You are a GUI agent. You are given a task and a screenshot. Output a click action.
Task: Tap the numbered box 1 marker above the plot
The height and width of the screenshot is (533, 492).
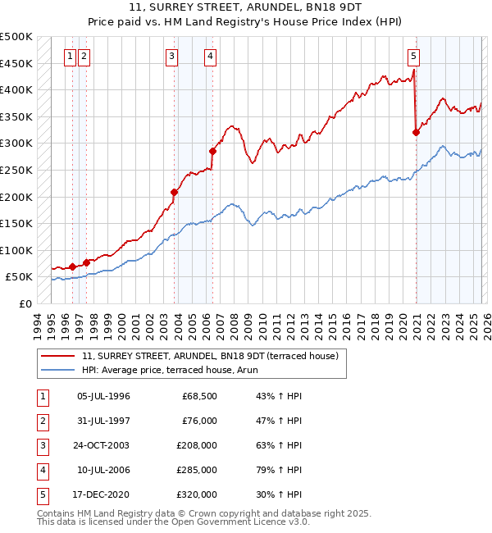click(70, 57)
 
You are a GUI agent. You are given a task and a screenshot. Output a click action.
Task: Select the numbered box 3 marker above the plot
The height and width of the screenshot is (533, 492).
click(171, 57)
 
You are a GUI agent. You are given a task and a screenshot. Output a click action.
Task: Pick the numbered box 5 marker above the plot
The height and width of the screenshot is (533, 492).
click(413, 57)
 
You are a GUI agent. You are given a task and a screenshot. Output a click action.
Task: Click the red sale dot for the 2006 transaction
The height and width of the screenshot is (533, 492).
click(212, 151)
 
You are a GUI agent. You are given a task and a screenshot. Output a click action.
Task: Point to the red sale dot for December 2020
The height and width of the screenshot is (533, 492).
click(416, 132)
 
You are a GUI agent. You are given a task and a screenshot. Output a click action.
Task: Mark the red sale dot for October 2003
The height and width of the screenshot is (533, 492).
click(174, 192)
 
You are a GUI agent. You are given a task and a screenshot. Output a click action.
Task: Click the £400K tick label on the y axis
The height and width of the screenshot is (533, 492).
click(16, 90)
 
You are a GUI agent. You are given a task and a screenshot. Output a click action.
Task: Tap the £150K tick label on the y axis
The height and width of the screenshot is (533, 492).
click(16, 224)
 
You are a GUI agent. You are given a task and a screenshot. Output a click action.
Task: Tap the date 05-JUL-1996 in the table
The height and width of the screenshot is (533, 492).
click(103, 396)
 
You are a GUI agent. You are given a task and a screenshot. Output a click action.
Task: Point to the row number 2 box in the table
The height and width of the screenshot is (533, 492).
click(41, 421)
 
